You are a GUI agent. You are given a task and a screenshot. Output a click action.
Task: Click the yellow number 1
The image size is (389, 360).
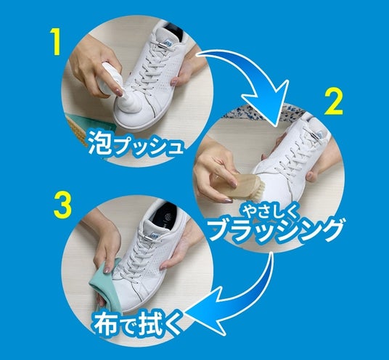point(57,41)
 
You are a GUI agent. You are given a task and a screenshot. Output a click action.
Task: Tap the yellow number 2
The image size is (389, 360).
point(334,102)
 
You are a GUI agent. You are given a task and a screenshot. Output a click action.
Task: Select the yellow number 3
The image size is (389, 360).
point(62,205)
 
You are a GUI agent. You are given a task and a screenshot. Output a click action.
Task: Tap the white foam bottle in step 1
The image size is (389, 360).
point(109,79)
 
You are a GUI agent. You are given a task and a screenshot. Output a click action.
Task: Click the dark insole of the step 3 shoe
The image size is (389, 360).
point(165,216)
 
